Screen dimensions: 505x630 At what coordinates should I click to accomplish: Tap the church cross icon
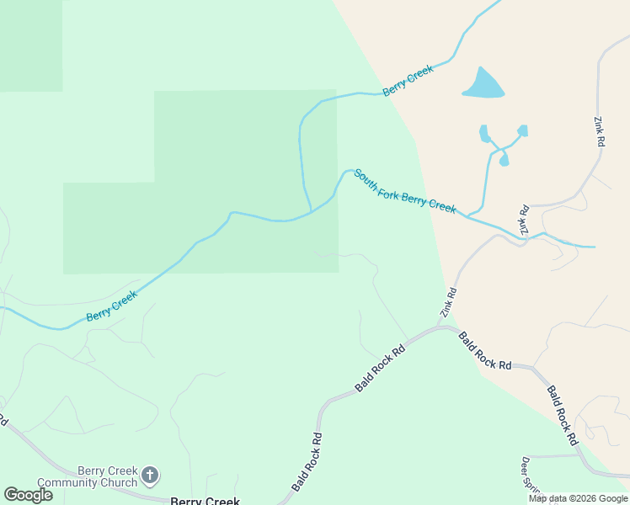[x=150, y=476]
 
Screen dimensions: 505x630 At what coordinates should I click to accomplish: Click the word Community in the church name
[x=106, y=482]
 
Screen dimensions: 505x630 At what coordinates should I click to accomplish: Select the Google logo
[x=28, y=495]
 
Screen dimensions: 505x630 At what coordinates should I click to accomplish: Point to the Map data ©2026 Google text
[x=579, y=498]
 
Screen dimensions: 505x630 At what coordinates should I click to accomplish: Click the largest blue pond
[x=483, y=83]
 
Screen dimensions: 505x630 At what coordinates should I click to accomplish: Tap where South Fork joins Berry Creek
[x=312, y=210]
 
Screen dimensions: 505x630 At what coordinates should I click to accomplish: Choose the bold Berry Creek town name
[x=205, y=501]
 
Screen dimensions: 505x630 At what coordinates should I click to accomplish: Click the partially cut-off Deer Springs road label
[x=529, y=475]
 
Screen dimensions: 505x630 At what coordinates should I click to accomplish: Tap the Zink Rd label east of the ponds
[x=599, y=132]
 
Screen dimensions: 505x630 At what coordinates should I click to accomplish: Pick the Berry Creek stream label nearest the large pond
[x=408, y=80]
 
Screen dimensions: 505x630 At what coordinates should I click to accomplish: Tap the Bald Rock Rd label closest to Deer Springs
[x=562, y=415]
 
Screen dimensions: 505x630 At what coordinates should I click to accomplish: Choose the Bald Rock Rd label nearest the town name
[x=307, y=462]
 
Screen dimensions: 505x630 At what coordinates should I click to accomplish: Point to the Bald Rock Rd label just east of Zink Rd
[x=485, y=352]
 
